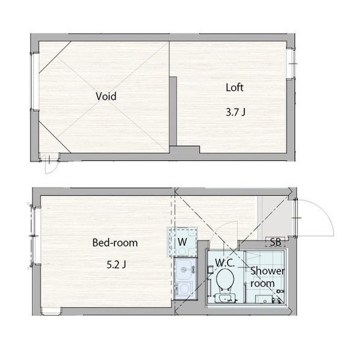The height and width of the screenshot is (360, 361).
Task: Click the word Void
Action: [x=106, y=96]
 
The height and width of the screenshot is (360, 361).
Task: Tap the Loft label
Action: [x=235, y=87]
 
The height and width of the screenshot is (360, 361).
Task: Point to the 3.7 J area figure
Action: [x=235, y=112]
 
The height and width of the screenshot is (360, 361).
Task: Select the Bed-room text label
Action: [x=115, y=243]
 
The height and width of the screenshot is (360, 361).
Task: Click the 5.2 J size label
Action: [x=116, y=265]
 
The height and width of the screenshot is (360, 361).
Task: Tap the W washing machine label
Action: [x=182, y=242]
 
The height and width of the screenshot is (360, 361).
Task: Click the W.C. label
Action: [x=224, y=263]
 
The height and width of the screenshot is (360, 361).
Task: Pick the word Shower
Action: [x=267, y=270]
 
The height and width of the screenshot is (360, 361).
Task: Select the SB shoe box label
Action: [x=276, y=242]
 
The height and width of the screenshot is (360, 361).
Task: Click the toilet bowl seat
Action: [x=226, y=279]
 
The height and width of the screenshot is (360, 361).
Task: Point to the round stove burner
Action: [x=185, y=288]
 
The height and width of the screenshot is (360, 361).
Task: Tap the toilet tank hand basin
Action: [x=225, y=298]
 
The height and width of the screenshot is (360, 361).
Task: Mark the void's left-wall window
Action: [x=35, y=81]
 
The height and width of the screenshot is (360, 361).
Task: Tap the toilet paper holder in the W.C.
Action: [x=210, y=270]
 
